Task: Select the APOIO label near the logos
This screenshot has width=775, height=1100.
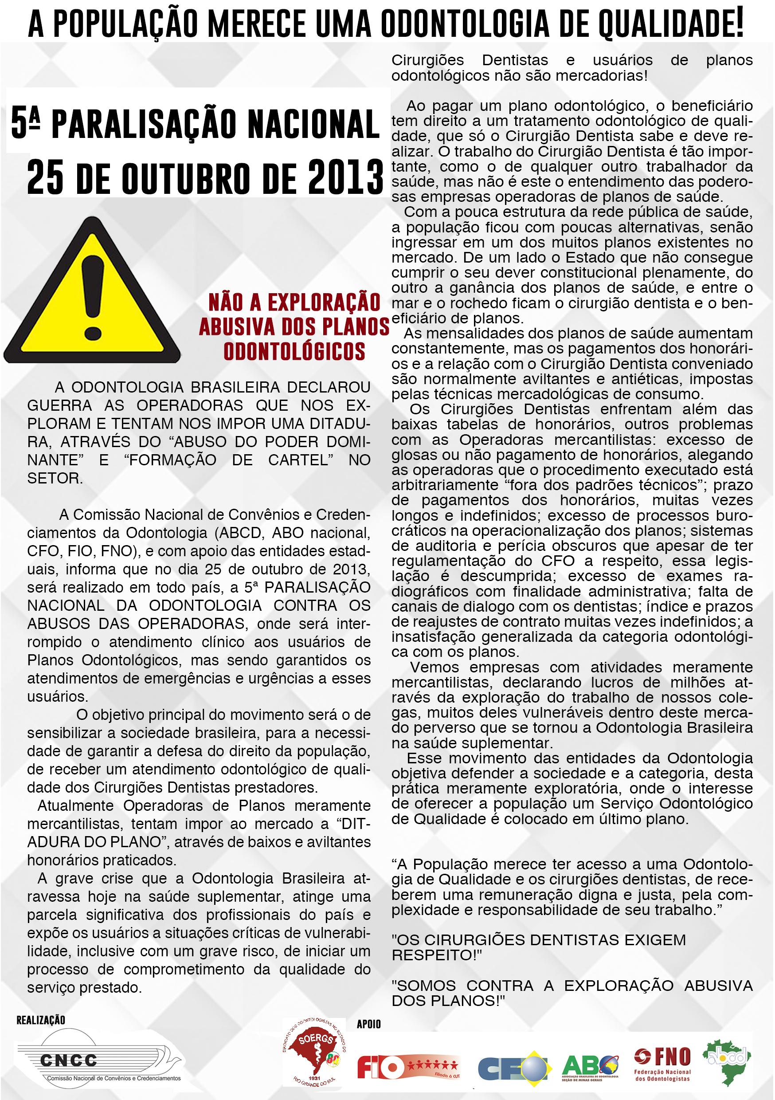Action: pos(368,1024)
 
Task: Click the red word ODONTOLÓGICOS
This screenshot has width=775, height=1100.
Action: pos(294,351)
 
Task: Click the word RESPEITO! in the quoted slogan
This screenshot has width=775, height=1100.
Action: pos(436,955)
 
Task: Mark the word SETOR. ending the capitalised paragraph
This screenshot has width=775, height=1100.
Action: pos(55,478)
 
